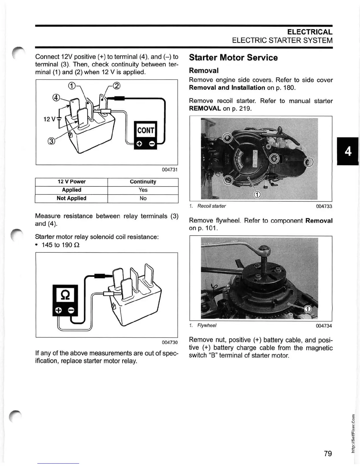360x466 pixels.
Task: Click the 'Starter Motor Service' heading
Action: (x=233, y=58)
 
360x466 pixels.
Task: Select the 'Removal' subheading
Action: (x=204, y=71)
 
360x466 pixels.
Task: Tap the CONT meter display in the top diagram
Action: (x=146, y=130)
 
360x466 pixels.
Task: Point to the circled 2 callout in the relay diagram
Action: (x=117, y=86)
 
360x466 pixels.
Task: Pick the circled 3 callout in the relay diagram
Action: (x=51, y=141)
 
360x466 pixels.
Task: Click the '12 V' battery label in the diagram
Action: (x=49, y=119)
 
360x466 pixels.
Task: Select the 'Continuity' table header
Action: (x=143, y=182)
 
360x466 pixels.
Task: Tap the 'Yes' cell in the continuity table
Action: (x=143, y=190)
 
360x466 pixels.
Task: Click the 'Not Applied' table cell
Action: (x=71, y=198)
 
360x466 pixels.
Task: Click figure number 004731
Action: (x=170, y=170)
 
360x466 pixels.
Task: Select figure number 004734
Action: (x=324, y=326)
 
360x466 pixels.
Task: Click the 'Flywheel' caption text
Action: (x=207, y=325)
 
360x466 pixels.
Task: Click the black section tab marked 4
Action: (x=348, y=152)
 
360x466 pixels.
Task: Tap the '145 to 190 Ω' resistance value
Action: (x=60, y=245)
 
